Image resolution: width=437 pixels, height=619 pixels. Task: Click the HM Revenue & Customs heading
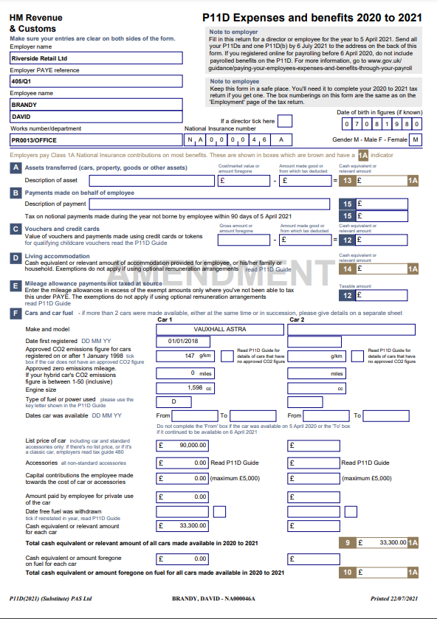(x=36, y=23)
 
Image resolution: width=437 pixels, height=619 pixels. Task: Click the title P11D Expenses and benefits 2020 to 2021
(x=312, y=18)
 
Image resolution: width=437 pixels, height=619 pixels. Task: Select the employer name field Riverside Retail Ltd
(x=96, y=58)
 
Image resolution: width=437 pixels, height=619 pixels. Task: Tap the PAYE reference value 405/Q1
(x=96, y=80)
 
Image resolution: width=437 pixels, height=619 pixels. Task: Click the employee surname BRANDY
(x=96, y=104)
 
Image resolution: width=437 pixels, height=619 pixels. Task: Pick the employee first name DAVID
(x=96, y=117)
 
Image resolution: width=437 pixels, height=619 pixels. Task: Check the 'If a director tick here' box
(x=284, y=121)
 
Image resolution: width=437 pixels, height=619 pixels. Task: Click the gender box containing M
(x=416, y=139)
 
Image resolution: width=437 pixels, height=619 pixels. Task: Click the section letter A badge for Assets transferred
(x=16, y=167)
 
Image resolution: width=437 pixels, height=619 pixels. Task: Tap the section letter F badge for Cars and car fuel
(x=16, y=313)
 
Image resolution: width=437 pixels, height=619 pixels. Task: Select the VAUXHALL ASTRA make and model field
(x=219, y=329)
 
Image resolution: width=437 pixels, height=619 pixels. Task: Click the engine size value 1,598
(x=195, y=387)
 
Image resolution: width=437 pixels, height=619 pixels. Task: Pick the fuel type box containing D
(x=173, y=401)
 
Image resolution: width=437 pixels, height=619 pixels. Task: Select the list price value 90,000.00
(x=193, y=446)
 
